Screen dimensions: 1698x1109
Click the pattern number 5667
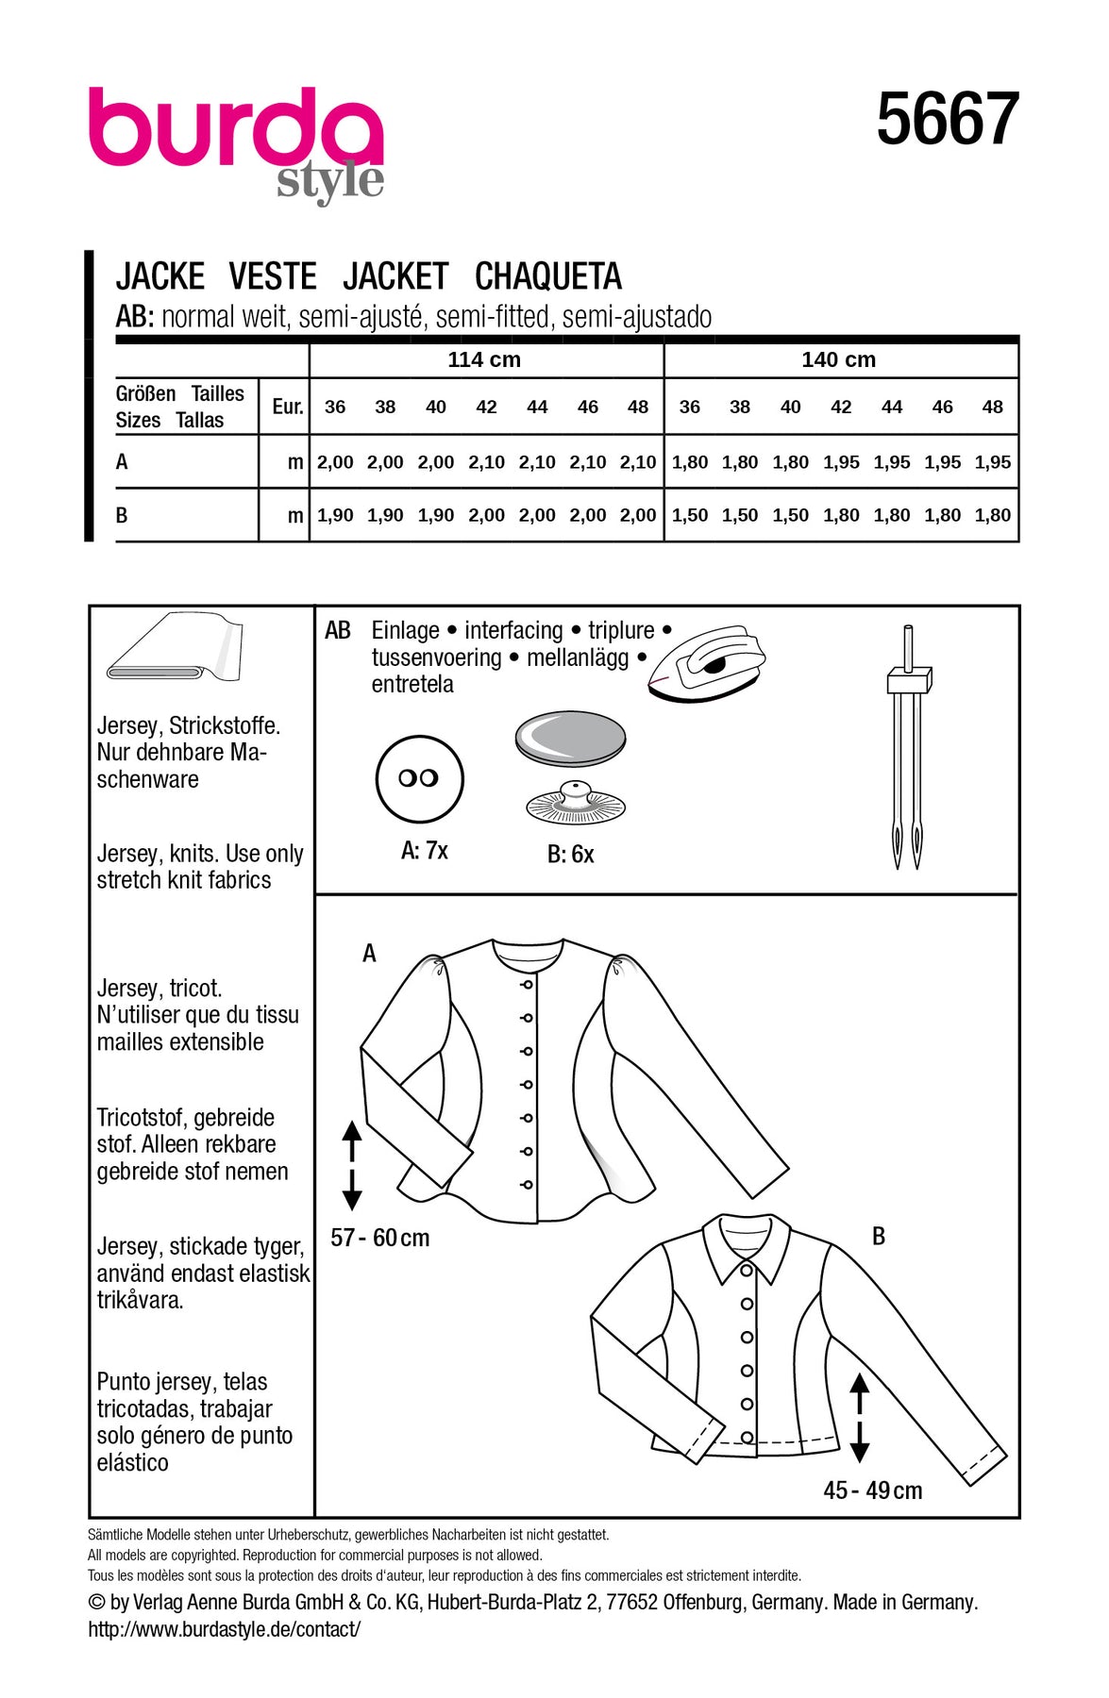pyautogui.click(x=947, y=120)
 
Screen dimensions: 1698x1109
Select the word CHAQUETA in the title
pyautogui.click(x=547, y=276)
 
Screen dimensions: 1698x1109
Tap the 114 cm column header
pyautogui.click(x=484, y=359)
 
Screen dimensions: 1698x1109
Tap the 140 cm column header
pyautogui.click(x=838, y=359)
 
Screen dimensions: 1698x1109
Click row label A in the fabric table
pyautogui.click(x=122, y=462)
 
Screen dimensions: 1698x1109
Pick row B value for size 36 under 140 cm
pyautogui.click(x=690, y=515)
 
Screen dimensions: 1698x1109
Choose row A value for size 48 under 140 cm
pyautogui.click(x=992, y=462)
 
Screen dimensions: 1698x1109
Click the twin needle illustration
pyautogui.click(x=908, y=745)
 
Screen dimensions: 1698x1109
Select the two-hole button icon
pyautogui.click(x=419, y=778)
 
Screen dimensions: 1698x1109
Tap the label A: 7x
pyautogui.click(x=424, y=851)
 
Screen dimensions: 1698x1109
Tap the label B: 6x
pyautogui.click(x=570, y=855)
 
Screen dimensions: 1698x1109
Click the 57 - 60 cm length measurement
pyautogui.click(x=379, y=1238)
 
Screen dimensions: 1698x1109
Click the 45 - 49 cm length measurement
pyautogui.click(x=872, y=1490)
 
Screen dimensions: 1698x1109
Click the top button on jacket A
pyautogui.click(x=527, y=985)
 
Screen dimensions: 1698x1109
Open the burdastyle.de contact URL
pyautogui.click(x=224, y=1629)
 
